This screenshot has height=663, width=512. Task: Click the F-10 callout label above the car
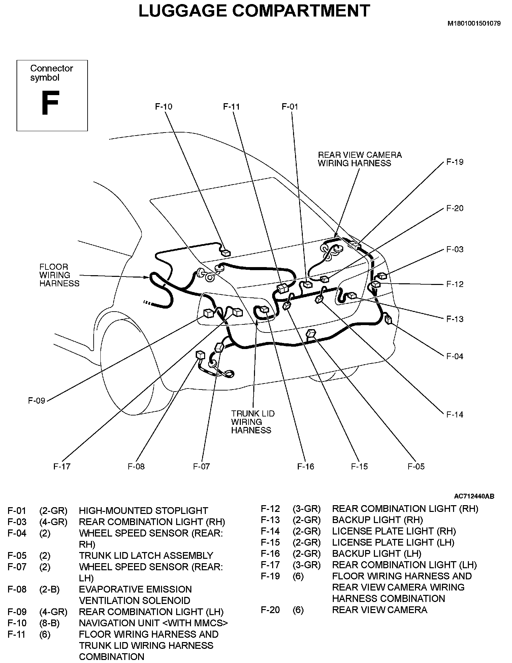tap(163, 107)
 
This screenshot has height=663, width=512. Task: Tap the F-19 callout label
tap(455, 162)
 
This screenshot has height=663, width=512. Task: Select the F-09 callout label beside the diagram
tap(36, 401)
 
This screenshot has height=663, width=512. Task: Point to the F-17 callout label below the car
tap(62, 466)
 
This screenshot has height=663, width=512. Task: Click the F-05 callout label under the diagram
tap(416, 466)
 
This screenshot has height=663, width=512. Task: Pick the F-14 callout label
tap(455, 414)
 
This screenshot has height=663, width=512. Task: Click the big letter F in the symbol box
tap(50, 103)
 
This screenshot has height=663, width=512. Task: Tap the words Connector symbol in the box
tap(52, 73)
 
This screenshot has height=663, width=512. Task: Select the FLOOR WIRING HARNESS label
tap(59, 275)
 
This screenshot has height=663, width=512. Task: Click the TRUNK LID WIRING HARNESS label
tap(253, 422)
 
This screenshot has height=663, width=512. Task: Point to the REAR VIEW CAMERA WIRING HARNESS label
tap(360, 159)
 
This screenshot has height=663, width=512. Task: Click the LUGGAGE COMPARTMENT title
tap(254, 11)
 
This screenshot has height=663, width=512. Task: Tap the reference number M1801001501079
tap(474, 24)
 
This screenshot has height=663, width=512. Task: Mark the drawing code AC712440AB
tap(474, 496)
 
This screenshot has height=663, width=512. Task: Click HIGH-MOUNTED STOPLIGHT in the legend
tap(143, 511)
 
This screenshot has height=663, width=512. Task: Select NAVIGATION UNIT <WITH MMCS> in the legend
tap(153, 623)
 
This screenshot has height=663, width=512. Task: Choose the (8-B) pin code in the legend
tap(50, 623)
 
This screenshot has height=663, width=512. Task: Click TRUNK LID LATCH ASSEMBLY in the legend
tap(146, 555)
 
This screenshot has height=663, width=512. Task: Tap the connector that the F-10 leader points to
tap(226, 253)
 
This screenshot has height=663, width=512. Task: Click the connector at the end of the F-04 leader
tap(388, 319)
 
